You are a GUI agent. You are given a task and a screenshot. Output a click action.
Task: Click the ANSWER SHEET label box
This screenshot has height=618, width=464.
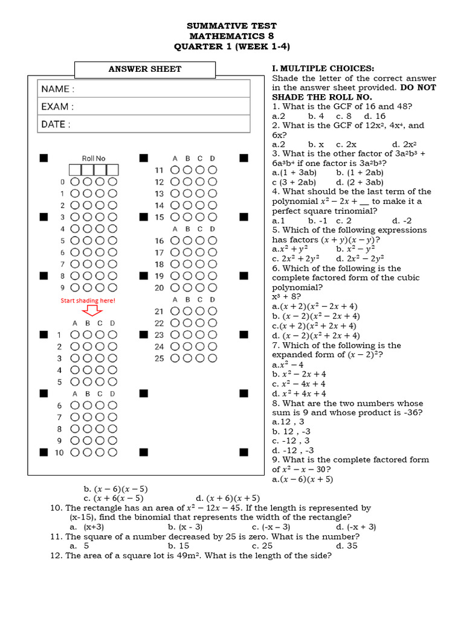[144, 69]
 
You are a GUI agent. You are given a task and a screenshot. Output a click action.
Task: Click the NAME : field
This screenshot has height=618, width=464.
[144, 89]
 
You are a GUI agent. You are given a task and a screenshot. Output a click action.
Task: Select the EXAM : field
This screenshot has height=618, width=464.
[144, 107]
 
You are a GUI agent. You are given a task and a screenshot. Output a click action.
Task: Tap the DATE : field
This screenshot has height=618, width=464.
[144, 124]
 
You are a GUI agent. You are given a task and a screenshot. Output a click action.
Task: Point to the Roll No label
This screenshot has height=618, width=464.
[93, 159]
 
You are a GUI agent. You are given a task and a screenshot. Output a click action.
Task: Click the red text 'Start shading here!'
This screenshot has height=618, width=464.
[87, 300]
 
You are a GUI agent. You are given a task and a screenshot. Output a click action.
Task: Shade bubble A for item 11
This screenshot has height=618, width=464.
[175, 170]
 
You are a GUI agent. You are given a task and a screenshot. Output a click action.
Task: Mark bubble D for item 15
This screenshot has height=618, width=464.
[212, 217]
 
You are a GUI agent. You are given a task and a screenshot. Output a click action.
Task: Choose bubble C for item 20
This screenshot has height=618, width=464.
[200, 288]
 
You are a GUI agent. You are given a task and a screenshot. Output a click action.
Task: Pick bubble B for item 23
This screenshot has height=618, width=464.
[187, 334]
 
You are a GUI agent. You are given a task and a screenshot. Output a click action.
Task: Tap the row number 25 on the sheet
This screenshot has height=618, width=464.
[159, 358]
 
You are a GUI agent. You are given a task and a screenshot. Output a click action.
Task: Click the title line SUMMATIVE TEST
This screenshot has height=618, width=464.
[231, 26]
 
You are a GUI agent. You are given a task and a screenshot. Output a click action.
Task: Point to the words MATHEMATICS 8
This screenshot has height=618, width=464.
[231, 36]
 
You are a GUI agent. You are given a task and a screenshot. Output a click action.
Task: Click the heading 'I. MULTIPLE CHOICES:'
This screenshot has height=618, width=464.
[323, 69]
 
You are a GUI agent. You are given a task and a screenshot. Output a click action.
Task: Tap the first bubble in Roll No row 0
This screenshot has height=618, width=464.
[75, 182]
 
